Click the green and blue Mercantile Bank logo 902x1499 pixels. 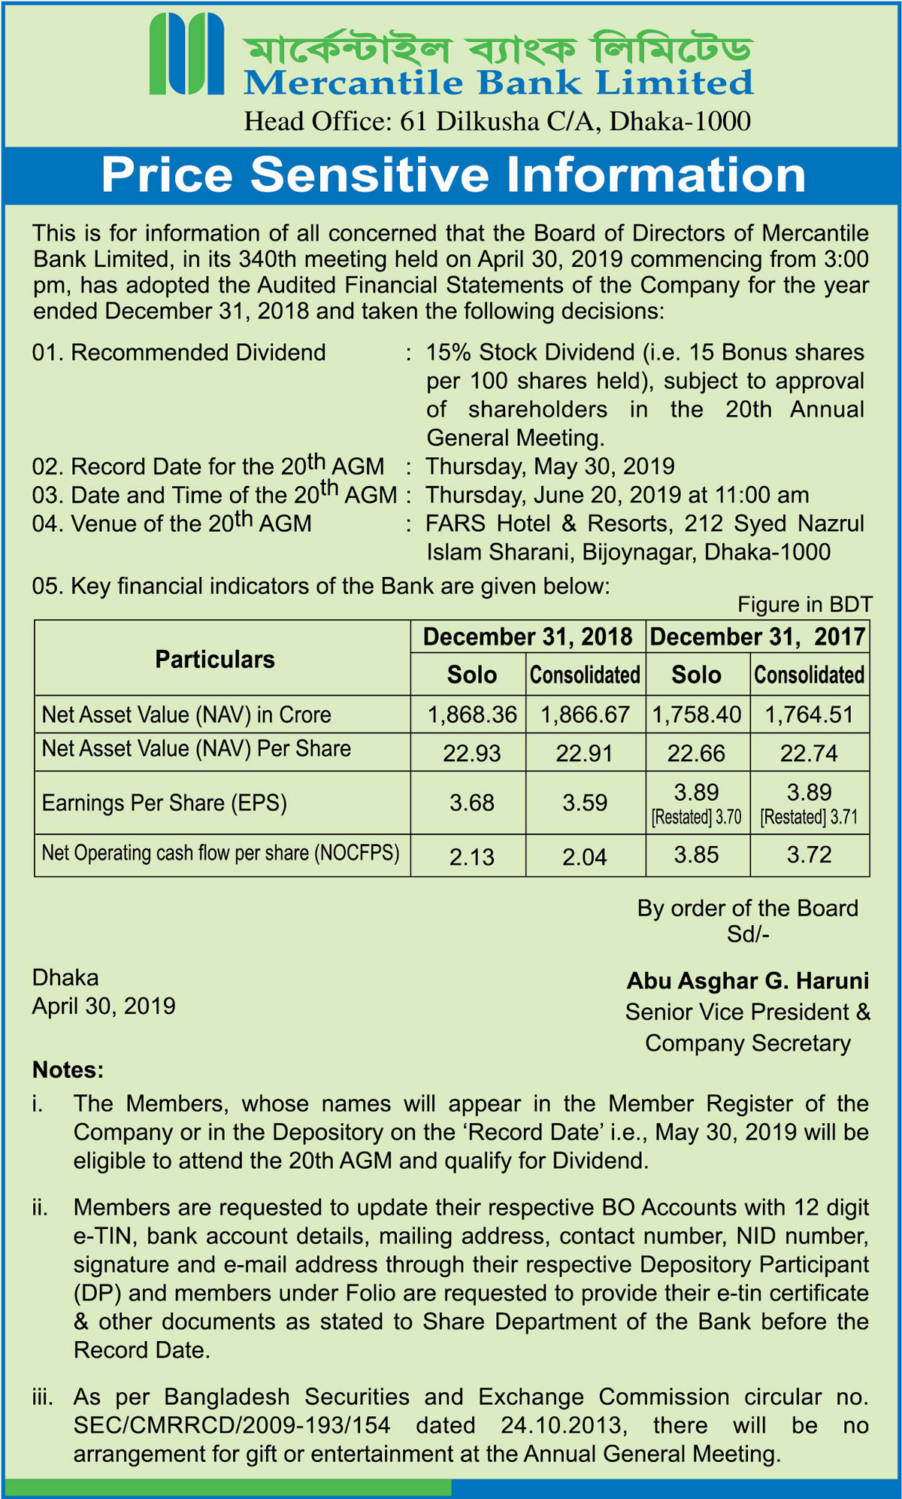click(186, 54)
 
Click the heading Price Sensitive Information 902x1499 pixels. click(453, 174)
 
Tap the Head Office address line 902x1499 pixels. click(497, 121)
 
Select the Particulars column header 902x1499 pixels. click(215, 659)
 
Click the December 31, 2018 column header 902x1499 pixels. click(528, 637)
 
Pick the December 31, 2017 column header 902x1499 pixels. click(757, 637)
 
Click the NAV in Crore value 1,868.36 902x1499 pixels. click(472, 715)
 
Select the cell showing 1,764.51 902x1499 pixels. click(809, 715)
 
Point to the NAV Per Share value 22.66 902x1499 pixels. click(696, 753)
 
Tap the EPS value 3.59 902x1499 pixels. click(585, 803)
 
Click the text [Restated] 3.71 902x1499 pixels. click(809, 818)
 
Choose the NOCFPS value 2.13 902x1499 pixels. click(472, 857)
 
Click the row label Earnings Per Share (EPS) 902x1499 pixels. click(165, 803)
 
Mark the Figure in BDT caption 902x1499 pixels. click(804, 605)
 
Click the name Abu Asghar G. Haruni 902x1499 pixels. click(747, 981)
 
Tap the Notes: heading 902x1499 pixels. click(68, 1070)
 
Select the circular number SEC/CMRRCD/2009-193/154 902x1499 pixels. click(232, 1425)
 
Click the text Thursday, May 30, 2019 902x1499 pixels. click(550, 466)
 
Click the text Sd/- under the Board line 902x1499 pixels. click(747, 934)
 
